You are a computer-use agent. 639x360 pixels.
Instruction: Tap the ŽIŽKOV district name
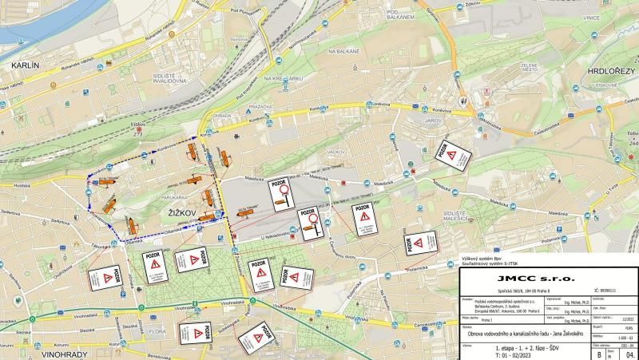tap(185, 212)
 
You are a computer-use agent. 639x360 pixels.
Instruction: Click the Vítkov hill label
tap(138, 125)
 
